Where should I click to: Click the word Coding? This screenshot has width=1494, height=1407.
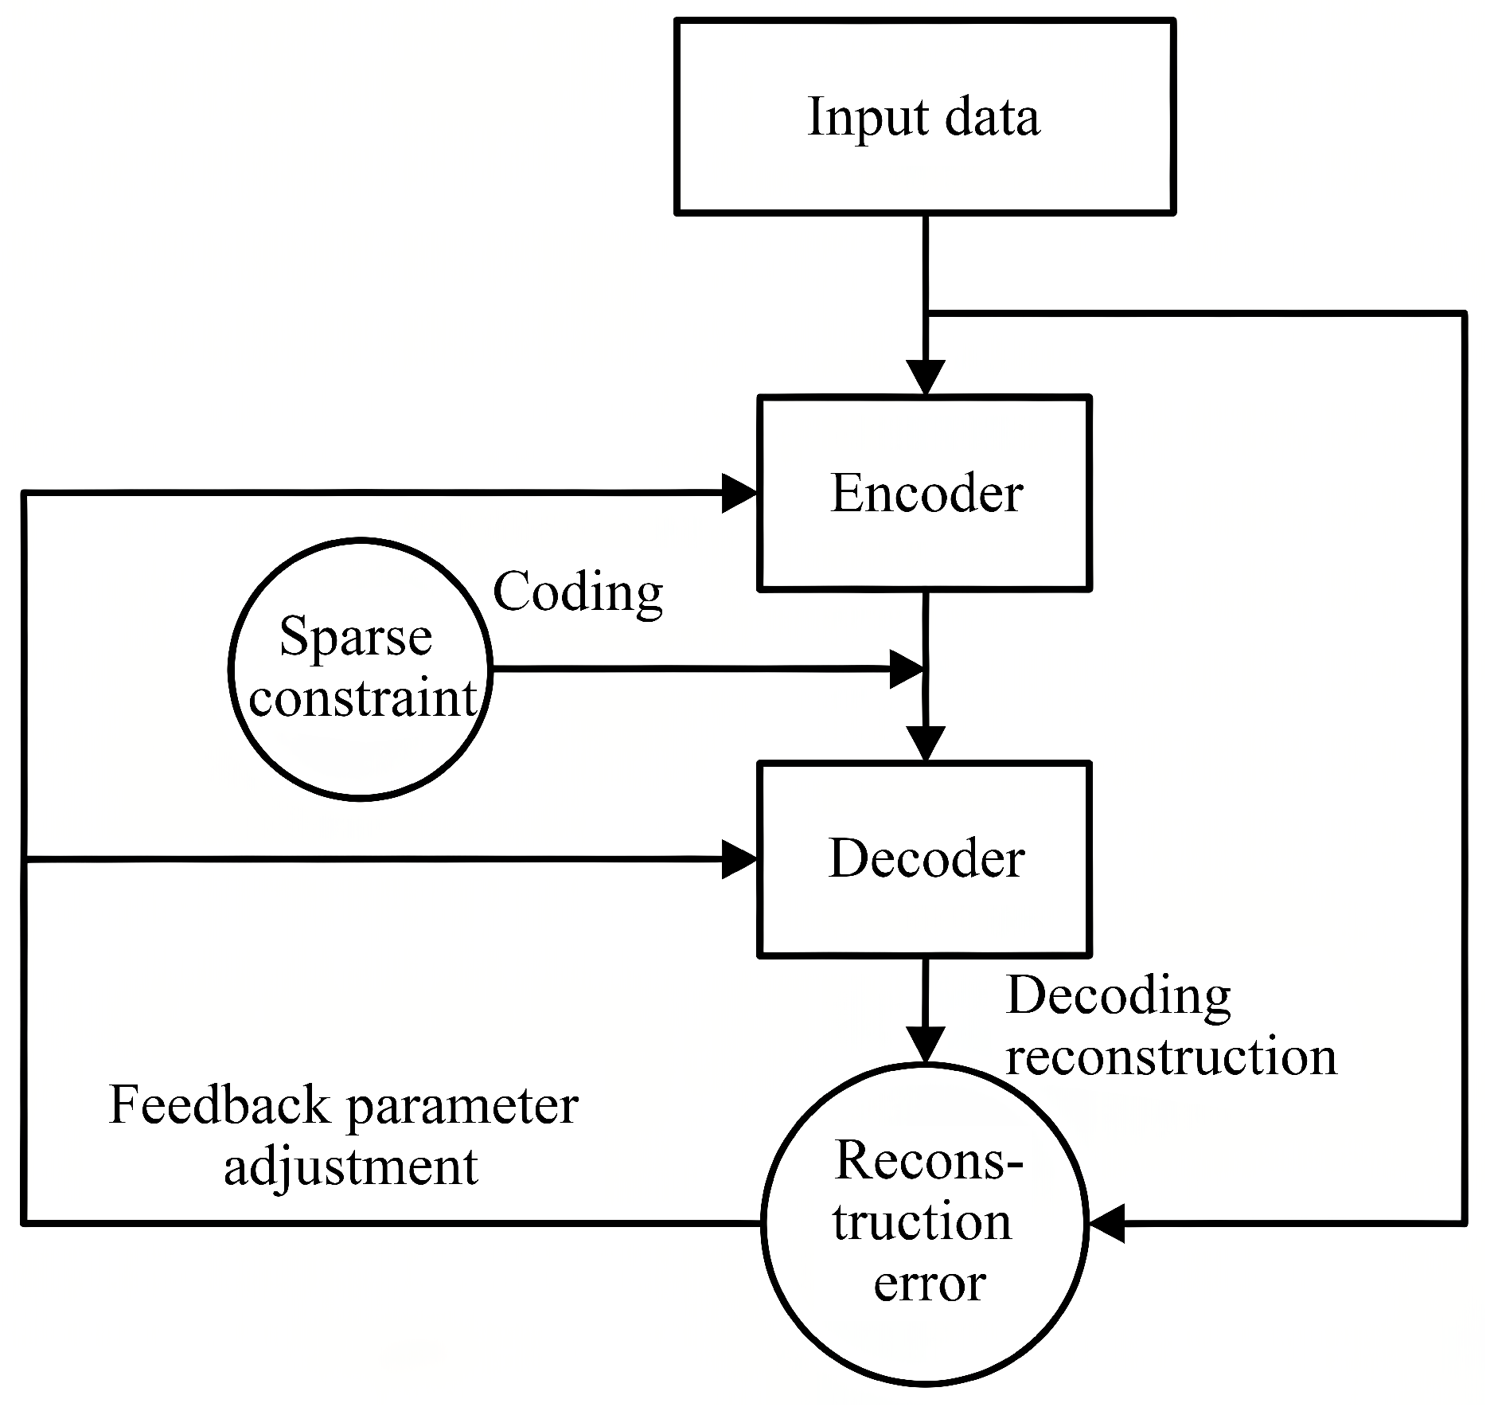[x=578, y=592]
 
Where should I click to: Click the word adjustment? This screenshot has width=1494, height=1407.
[x=351, y=1167]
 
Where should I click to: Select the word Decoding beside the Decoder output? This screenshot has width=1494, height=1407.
[x=1119, y=996]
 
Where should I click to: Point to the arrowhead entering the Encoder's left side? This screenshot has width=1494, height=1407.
[x=739, y=493]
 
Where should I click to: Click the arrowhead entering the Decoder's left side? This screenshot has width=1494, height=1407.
[x=739, y=859]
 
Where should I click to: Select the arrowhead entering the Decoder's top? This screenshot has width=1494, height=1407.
[x=926, y=745]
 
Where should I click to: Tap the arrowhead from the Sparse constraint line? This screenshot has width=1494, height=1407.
[x=907, y=669]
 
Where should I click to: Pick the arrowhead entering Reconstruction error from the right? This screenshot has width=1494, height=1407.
[x=1107, y=1222]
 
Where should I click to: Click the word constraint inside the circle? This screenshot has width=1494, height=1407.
[x=363, y=699]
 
